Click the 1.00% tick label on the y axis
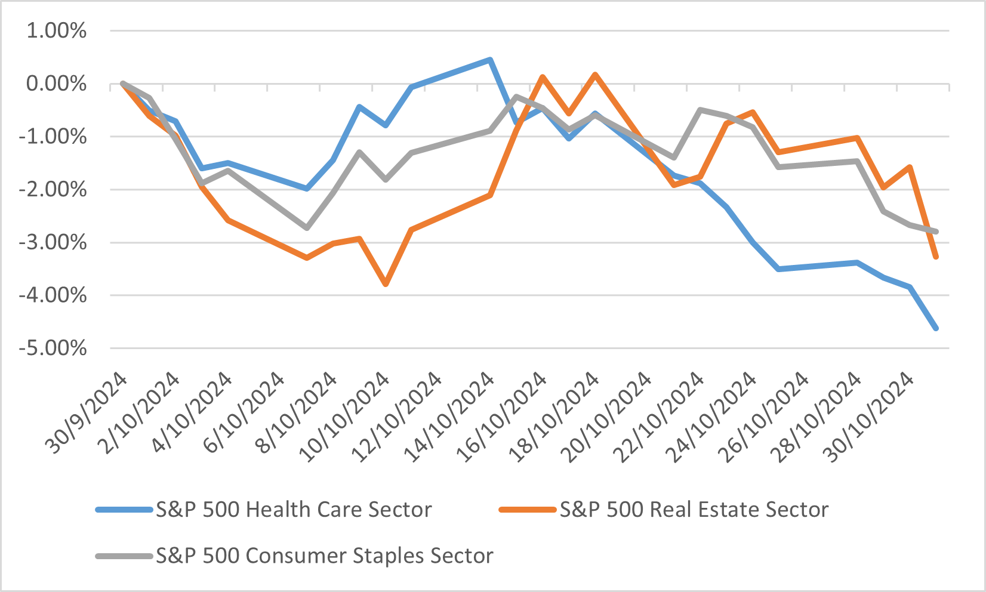point(56,31)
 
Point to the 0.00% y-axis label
point(56,84)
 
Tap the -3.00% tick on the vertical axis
point(54,243)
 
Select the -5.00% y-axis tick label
point(54,348)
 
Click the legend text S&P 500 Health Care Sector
point(294,510)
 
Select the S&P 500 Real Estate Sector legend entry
point(694,510)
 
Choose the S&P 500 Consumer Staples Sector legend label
point(325,556)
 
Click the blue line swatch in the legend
point(124,510)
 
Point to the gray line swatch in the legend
point(124,556)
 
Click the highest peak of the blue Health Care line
point(490,60)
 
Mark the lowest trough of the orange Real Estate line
point(386,284)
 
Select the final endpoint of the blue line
point(936,328)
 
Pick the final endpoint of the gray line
point(936,232)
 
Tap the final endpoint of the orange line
point(936,257)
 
